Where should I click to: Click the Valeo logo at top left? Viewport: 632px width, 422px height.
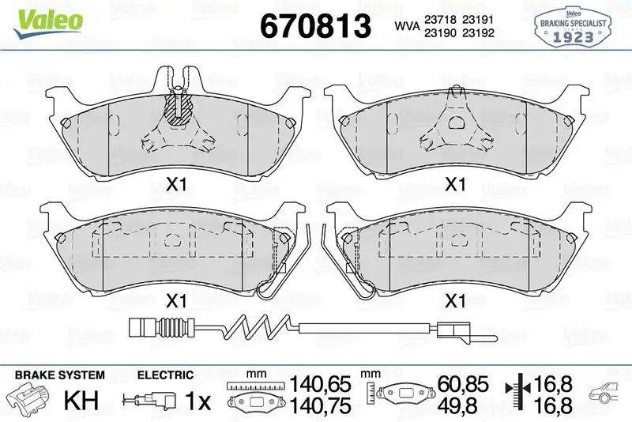[x=48, y=23]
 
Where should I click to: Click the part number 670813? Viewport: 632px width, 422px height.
[x=315, y=26]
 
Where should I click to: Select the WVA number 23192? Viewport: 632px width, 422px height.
[x=478, y=32]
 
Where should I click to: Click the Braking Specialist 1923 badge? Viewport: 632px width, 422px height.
[x=572, y=27]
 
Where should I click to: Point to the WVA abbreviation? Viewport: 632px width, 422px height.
[x=407, y=26]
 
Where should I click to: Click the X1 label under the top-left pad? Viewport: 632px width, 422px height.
[x=176, y=185]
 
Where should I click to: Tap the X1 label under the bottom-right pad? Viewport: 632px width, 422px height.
[x=455, y=301]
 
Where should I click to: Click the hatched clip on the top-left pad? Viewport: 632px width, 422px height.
[x=178, y=107]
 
